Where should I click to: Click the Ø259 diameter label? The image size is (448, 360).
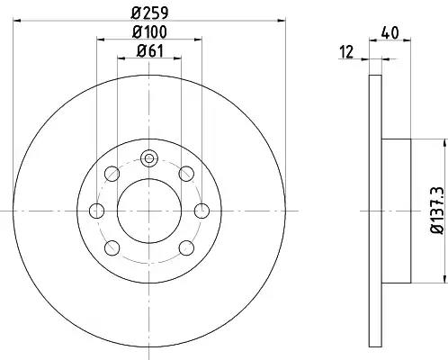click(x=149, y=12)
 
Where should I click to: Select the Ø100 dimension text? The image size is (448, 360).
click(x=149, y=31)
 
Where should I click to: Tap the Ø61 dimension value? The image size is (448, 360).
click(x=150, y=50)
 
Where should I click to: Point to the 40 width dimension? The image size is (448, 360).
click(x=390, y=32)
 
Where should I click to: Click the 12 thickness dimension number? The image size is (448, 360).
click(x=346, y=51)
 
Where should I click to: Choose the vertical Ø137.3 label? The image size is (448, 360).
click(x=436, y=210)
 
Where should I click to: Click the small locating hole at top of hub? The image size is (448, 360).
click(x=149, y=158)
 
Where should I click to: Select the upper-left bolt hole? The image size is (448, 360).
click(x=112, y=174)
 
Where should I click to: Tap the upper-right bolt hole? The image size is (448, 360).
click(x=186, y=174)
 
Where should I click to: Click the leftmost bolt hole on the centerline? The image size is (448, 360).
click(x=97, y=211)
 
